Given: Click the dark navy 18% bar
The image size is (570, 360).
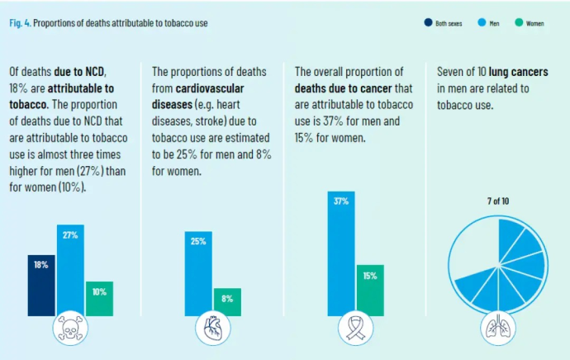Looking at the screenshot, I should click(x=40, y=285).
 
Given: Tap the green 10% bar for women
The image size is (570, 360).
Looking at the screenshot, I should click(x=99, y=298).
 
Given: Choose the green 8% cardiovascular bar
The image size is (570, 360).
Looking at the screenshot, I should click(x=227, y=301).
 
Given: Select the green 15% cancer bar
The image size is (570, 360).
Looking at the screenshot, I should click(x=370, y=290).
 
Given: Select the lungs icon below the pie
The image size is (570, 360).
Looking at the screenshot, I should click(x=496, y=329).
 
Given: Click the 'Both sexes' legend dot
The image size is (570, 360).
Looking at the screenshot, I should click(x=427, y=23).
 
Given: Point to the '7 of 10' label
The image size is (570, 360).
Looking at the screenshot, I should click(x=496, y=201).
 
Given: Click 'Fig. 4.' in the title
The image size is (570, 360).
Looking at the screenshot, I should click(x=21, y=23).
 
